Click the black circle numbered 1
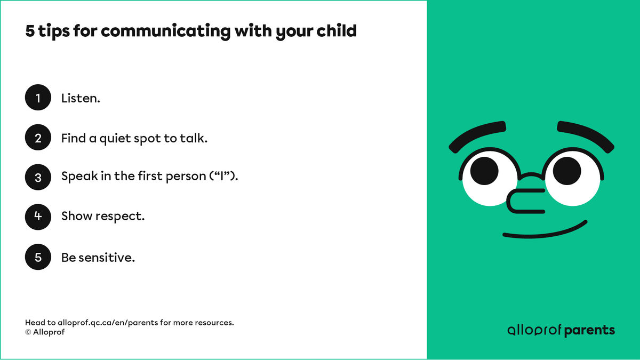[38, 98]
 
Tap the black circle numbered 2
[38, 138]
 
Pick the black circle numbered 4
[38, 217]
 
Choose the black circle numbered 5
[38, 257]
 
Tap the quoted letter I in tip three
[224, 176]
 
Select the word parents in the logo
[589, 331]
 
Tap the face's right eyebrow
[585, 135]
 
